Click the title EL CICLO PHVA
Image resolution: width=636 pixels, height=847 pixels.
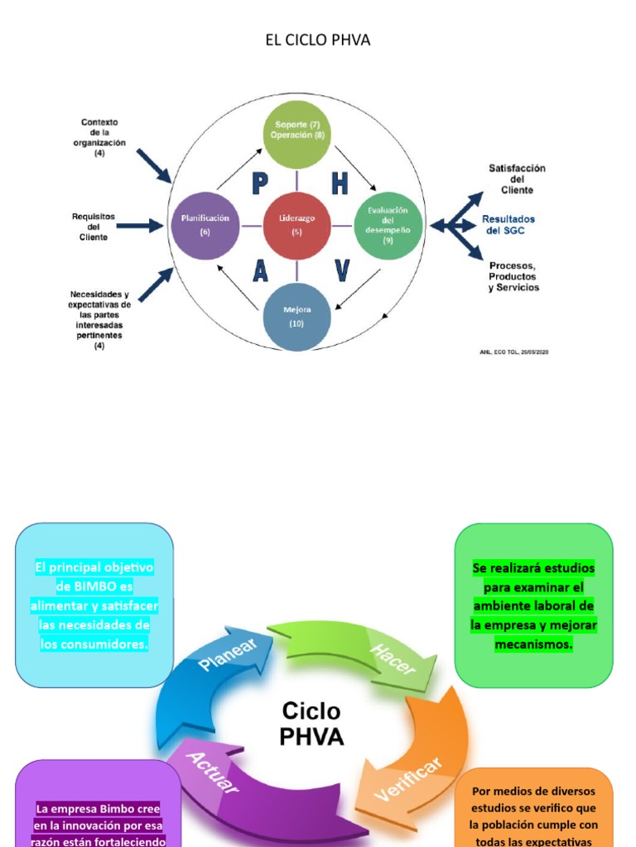click(x=317, y=41)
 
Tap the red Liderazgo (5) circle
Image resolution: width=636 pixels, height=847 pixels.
click(x=296, y=224)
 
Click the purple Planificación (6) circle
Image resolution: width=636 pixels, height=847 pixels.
click(x=205, y=224)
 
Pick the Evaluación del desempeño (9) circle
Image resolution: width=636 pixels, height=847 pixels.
click(x=388, y=224)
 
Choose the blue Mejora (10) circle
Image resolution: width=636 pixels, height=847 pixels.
click(x=296, y=316)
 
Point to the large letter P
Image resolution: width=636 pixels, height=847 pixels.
click(x=259, y=183)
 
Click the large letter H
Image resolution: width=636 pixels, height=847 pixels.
click(x=340, y=183)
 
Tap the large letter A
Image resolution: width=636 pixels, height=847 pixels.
click(x=260, y=270)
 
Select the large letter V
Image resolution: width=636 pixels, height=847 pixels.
click(x=341, y=270)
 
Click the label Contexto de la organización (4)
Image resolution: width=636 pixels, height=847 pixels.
click(x=99, y=137)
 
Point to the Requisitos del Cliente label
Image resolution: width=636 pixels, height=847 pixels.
click(x=94, y=226)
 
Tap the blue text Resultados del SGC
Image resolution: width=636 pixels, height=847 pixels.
click(x=508, y=225)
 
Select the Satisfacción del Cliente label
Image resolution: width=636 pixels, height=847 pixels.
click(x=517, y=179)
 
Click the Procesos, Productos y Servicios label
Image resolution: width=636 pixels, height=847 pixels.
click(x=513, y=276)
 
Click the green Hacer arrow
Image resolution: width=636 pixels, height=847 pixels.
click(x=364, y=649)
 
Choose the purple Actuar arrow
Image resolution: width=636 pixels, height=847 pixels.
click(x=240, y=786)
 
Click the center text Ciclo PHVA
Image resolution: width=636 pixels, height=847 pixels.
click(x=311, y=724)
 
